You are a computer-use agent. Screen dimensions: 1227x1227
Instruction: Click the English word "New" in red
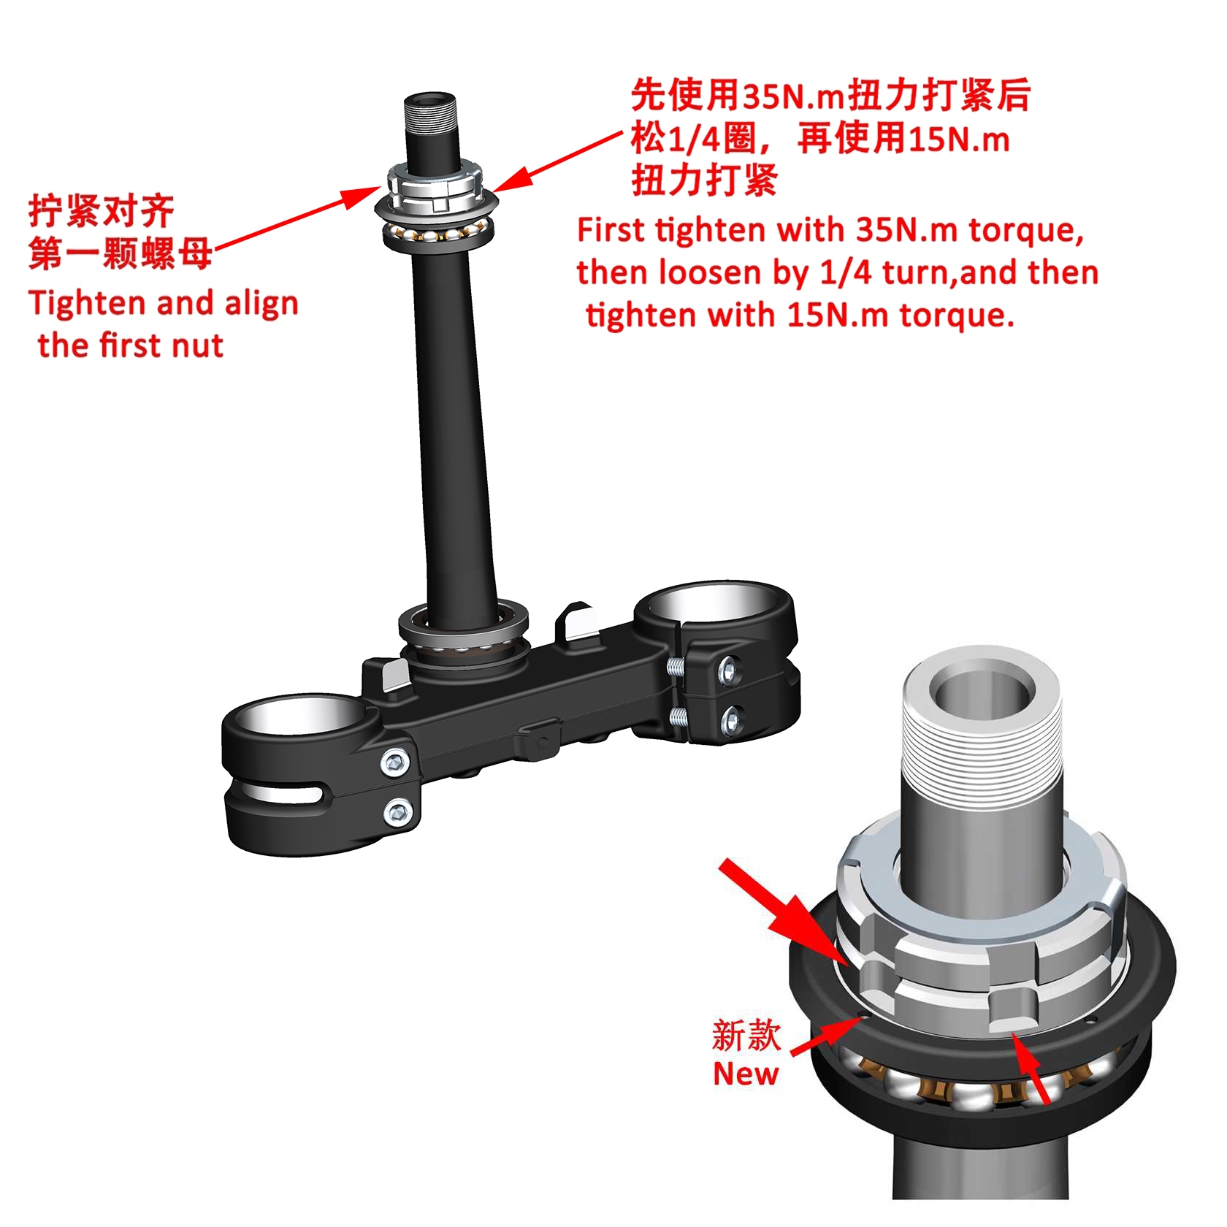[x=746, y=1074]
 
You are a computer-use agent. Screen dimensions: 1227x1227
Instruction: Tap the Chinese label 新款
[x=746, y=1035]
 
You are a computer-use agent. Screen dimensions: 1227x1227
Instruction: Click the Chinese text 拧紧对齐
[x=102, y=212]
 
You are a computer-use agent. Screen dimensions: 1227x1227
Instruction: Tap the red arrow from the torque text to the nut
[x=557, y=162]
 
